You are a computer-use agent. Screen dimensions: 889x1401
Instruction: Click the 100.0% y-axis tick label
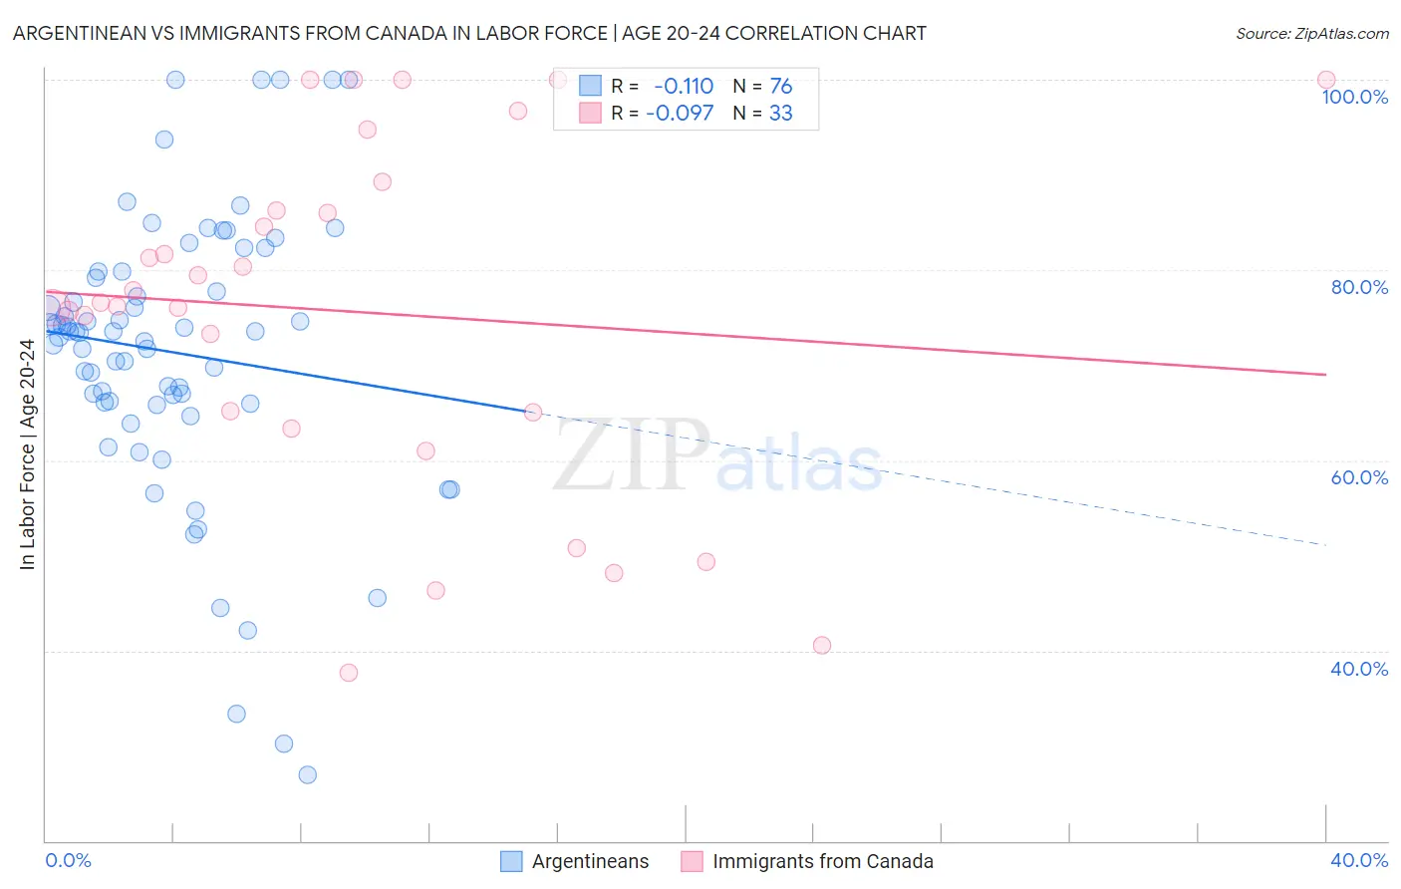tap(1354, 97)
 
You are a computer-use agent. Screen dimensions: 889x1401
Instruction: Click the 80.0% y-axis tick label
tap(1359, 287)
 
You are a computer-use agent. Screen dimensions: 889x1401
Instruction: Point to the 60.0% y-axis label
tap(1359, 477)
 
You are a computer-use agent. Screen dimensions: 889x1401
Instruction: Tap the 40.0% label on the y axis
tap(1359, 669)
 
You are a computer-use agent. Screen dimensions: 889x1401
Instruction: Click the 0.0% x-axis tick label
tap(68, 860)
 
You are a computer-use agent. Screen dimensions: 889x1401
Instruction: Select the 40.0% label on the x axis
tap(1359, 860)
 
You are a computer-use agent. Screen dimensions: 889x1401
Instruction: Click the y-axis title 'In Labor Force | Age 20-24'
tap(27, 454)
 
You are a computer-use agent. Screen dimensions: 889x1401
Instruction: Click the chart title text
tap(469, 33)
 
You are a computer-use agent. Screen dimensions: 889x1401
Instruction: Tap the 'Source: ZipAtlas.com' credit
tap(1311, 33)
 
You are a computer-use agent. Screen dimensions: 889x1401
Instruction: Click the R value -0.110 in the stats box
tap(684, 87)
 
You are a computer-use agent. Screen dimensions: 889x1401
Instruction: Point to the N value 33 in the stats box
tap(780, 114)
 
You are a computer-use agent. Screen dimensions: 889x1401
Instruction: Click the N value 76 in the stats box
tap(780, 87)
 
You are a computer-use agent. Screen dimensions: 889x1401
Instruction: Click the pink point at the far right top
tap(1325, 80)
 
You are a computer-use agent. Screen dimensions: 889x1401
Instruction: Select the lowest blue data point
tap(307, 774)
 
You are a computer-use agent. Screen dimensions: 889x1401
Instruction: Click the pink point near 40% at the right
tap(822, 645)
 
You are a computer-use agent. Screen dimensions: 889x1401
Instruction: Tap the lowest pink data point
tap(349, 673)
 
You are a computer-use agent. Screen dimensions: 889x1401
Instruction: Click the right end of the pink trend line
tap(1325, 375)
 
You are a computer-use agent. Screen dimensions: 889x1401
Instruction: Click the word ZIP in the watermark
tap(630, 456)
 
